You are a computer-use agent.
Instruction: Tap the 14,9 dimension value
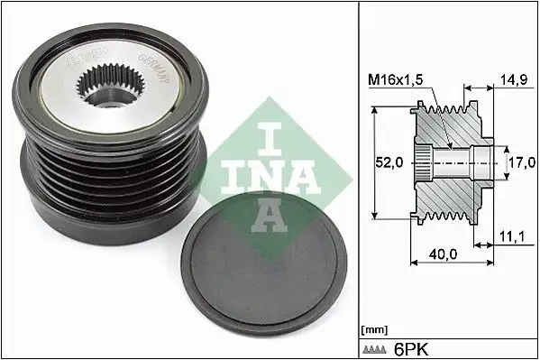click(515, 79)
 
